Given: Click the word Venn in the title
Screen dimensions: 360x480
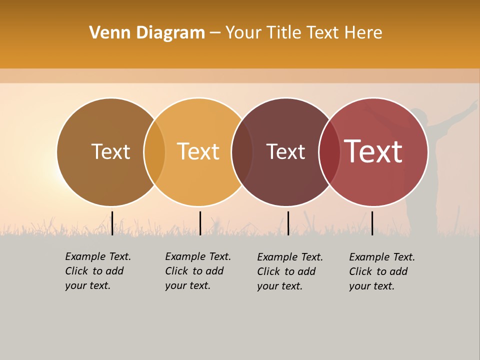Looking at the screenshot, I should point(105,33).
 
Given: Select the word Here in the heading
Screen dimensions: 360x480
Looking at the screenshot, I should point(363,33).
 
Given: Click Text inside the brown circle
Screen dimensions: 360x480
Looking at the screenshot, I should point(110,151).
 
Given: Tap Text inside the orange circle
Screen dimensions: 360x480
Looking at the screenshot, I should point(198,151).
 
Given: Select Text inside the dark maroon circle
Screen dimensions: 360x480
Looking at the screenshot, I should point(285,152).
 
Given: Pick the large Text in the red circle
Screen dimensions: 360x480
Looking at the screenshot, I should point(373,151).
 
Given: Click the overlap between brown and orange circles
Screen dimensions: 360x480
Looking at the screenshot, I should point(154,152).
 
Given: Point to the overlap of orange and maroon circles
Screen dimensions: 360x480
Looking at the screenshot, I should point(242,152).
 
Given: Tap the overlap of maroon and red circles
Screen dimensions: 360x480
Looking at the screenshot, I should point(329,152).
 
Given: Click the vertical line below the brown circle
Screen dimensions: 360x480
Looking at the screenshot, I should point(112,223).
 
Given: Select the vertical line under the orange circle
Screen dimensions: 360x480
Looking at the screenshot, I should point(200,223).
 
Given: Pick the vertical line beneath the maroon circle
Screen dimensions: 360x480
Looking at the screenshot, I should point(288,223).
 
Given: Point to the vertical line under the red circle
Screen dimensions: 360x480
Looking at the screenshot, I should point(372,223).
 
